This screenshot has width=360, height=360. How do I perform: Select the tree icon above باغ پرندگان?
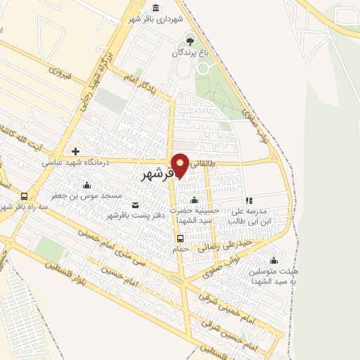tap(188, 39)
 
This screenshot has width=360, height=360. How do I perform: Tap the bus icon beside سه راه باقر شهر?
tap(25, 197)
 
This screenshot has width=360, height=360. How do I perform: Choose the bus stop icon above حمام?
tap(181, 238)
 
